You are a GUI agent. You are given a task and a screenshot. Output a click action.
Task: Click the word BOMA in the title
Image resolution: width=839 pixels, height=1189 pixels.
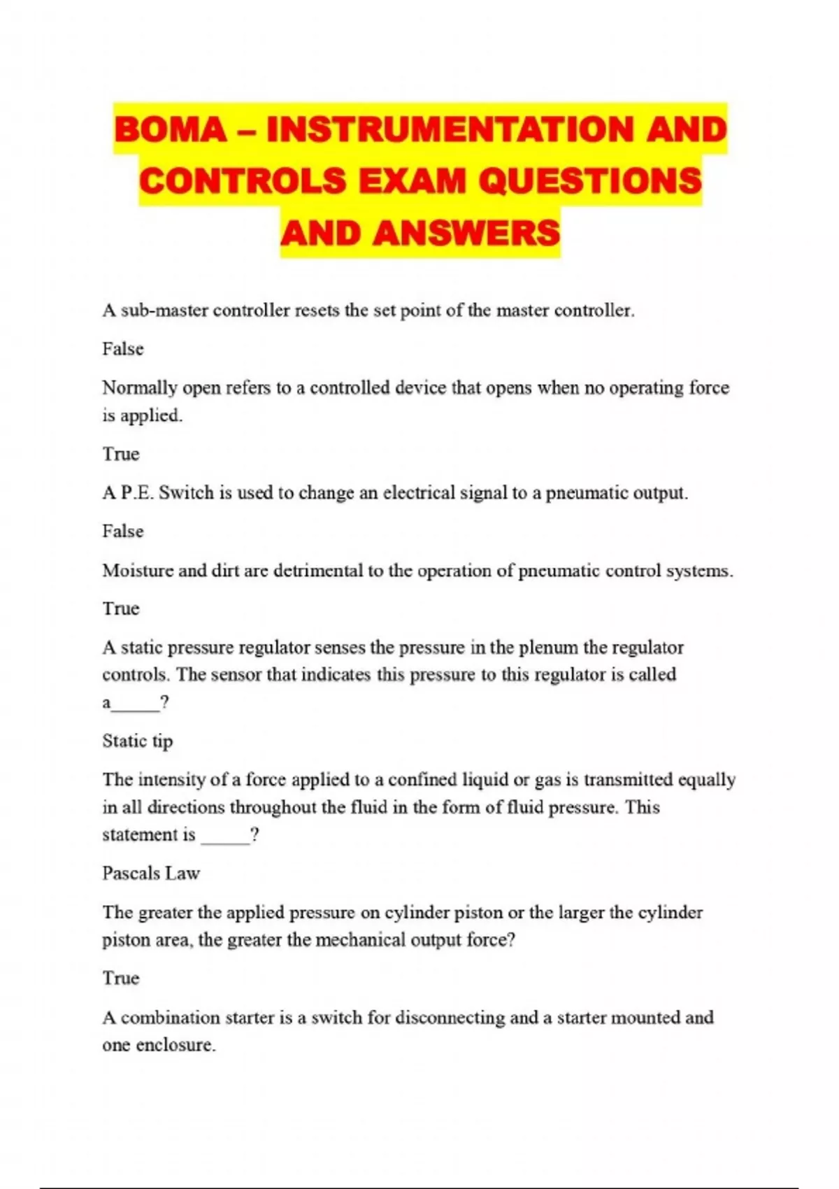pyautogui.click(x=170, y=129)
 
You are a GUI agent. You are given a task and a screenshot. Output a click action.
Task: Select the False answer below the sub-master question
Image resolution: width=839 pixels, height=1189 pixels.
pyautogui.click(x=123, y=349)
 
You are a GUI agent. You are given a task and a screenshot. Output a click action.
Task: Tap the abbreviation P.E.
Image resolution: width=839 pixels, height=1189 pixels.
pyautogui.click(x=137, y=493)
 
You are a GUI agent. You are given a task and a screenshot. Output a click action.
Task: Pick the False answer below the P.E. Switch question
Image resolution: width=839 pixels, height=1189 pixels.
pyautogui.click(x=123, y=532)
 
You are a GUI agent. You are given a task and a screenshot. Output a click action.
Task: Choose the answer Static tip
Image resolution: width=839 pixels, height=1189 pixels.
pyautogui.click(x=137, y=741)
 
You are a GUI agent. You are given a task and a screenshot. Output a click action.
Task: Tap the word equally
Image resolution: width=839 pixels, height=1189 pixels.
pyautogui.click(x=706, y=780)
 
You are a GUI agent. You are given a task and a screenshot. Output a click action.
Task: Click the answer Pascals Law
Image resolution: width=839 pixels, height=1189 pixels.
pyautogui.click(x=151, y=874)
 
